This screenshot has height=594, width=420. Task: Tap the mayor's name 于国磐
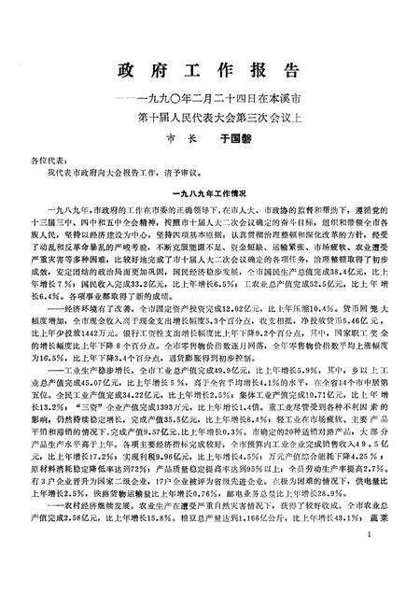point(235,133)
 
